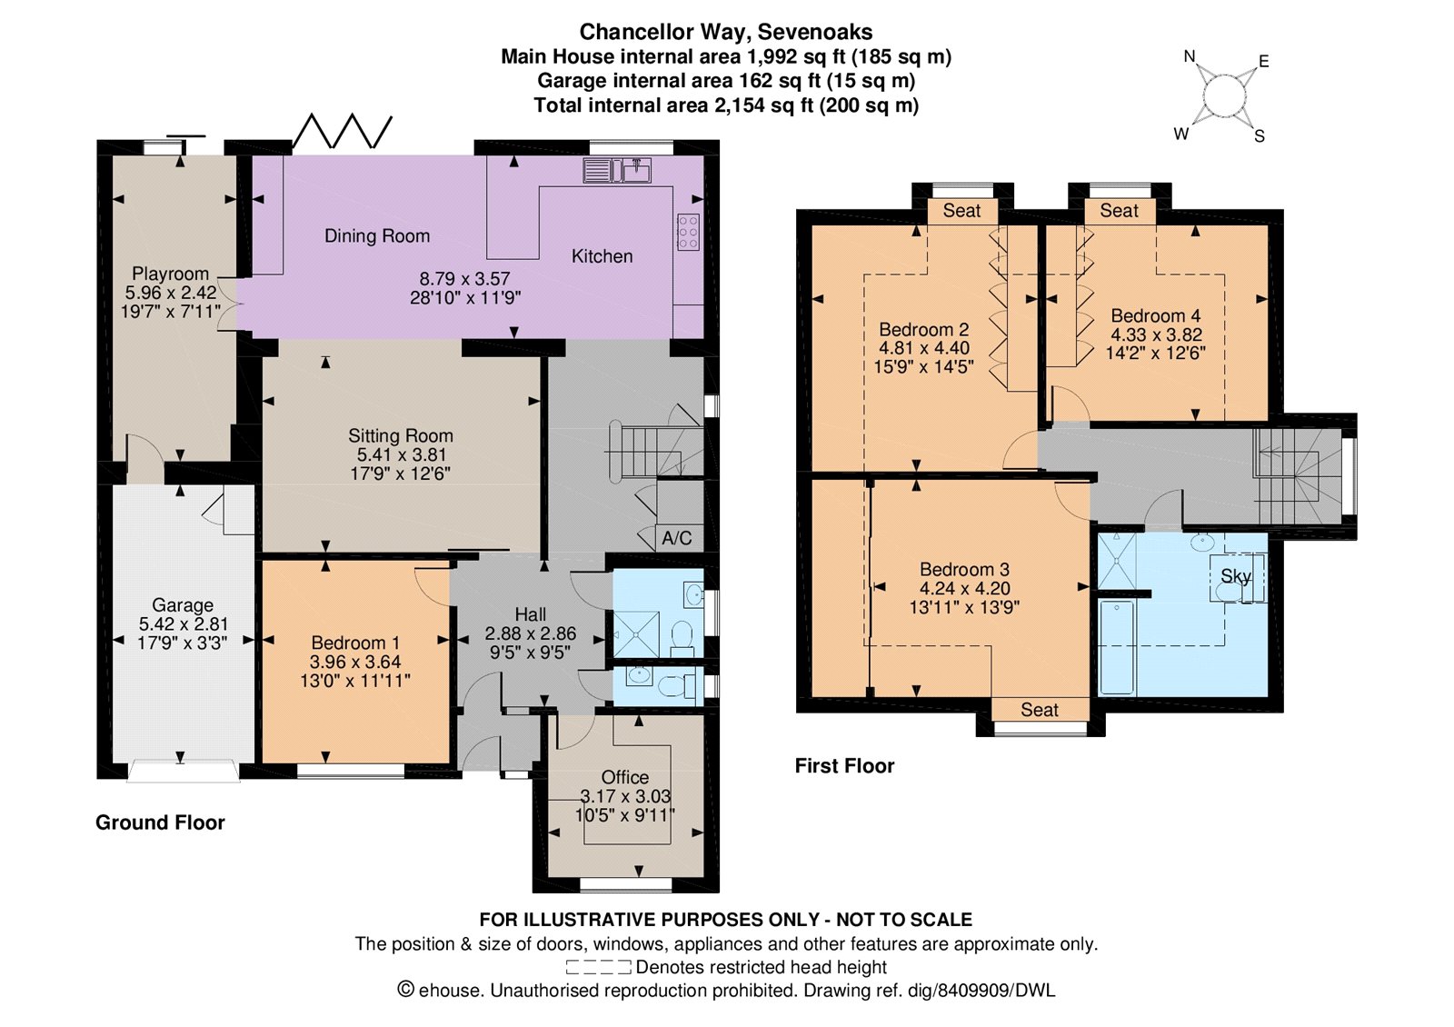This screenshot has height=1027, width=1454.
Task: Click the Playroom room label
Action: coord(170,274)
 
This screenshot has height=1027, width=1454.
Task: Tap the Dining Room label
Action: coord(377,235)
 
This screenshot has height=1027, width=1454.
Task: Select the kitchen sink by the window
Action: coord(631,170)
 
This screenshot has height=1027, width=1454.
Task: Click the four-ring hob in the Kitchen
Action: coord(688,231)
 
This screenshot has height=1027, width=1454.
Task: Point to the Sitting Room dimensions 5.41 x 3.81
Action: coord(401,454)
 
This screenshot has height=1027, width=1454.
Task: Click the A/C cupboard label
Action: coord(676,537)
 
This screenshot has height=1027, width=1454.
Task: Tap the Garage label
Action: coord(183,605)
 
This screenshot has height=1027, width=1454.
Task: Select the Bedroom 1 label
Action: coord(355,643)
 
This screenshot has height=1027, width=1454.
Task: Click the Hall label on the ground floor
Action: coord(531,614)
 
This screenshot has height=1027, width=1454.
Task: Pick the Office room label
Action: coord(624,777)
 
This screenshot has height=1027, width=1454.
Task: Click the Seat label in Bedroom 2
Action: coord(962,210)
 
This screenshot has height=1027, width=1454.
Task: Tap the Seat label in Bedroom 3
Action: coord(1040,710)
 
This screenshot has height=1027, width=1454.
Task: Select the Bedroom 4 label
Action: coord(1155,315)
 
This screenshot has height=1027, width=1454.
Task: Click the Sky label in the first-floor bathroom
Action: coord(1236,576)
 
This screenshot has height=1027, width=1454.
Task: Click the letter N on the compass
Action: coord(1190,56)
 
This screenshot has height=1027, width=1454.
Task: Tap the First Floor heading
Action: coord(844,766)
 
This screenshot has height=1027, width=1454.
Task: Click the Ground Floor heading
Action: coord(160,823)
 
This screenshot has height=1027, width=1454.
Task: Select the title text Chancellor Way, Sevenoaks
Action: coord(726,31)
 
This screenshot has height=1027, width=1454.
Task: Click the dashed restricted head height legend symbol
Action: coord(598,967)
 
